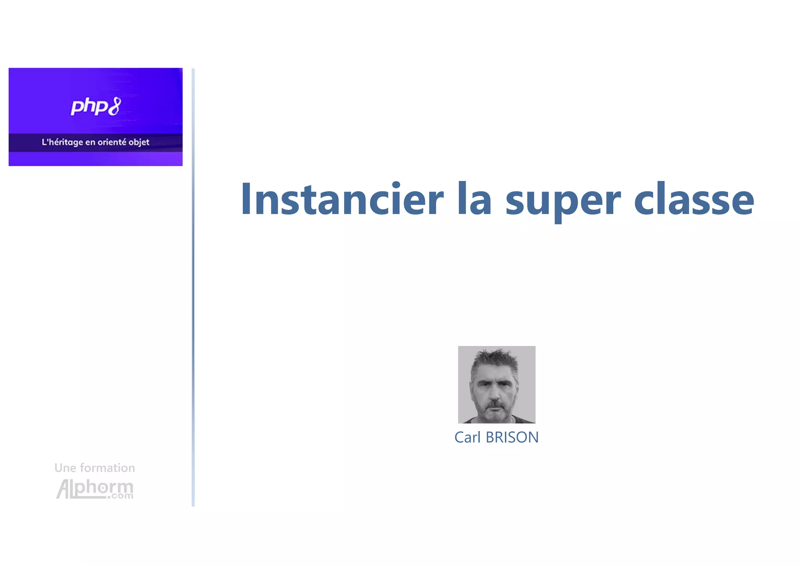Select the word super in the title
(563, 201)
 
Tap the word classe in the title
(694, 199)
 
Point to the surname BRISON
(512, 437)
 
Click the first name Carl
(467, 437)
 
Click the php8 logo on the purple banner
(95, 107)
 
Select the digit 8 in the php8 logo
(114, 106)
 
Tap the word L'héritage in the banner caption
(62, 142)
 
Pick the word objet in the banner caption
(139, 142)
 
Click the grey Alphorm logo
(95, 489)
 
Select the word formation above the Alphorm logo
(107, 468)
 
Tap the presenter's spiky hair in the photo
(495, 358)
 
